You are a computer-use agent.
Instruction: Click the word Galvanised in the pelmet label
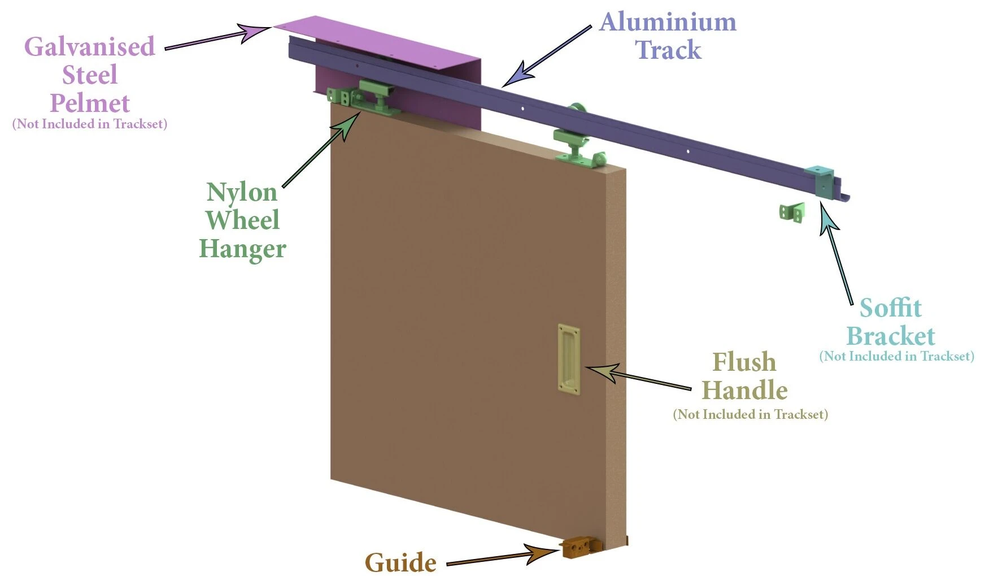click(89, 47)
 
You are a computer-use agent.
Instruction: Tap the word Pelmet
click(90, 103)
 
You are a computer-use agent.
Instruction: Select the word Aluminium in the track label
click(668, 23)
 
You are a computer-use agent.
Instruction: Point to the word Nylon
click(242, 193)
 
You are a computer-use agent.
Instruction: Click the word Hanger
click(242, 249)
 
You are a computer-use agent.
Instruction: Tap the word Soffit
click(890, 309)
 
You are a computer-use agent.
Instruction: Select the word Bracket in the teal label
click(890, 336)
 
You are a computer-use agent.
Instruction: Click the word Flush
click(744, 362)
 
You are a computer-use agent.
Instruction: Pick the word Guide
click(400, 563)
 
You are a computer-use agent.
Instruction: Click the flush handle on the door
click(568, 360)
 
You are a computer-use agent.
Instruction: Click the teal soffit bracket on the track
click(821, 181)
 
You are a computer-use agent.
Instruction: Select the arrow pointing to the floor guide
click(497, 557)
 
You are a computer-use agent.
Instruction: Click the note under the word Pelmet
click(90, 124)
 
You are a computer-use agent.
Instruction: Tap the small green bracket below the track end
click(792, 213)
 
